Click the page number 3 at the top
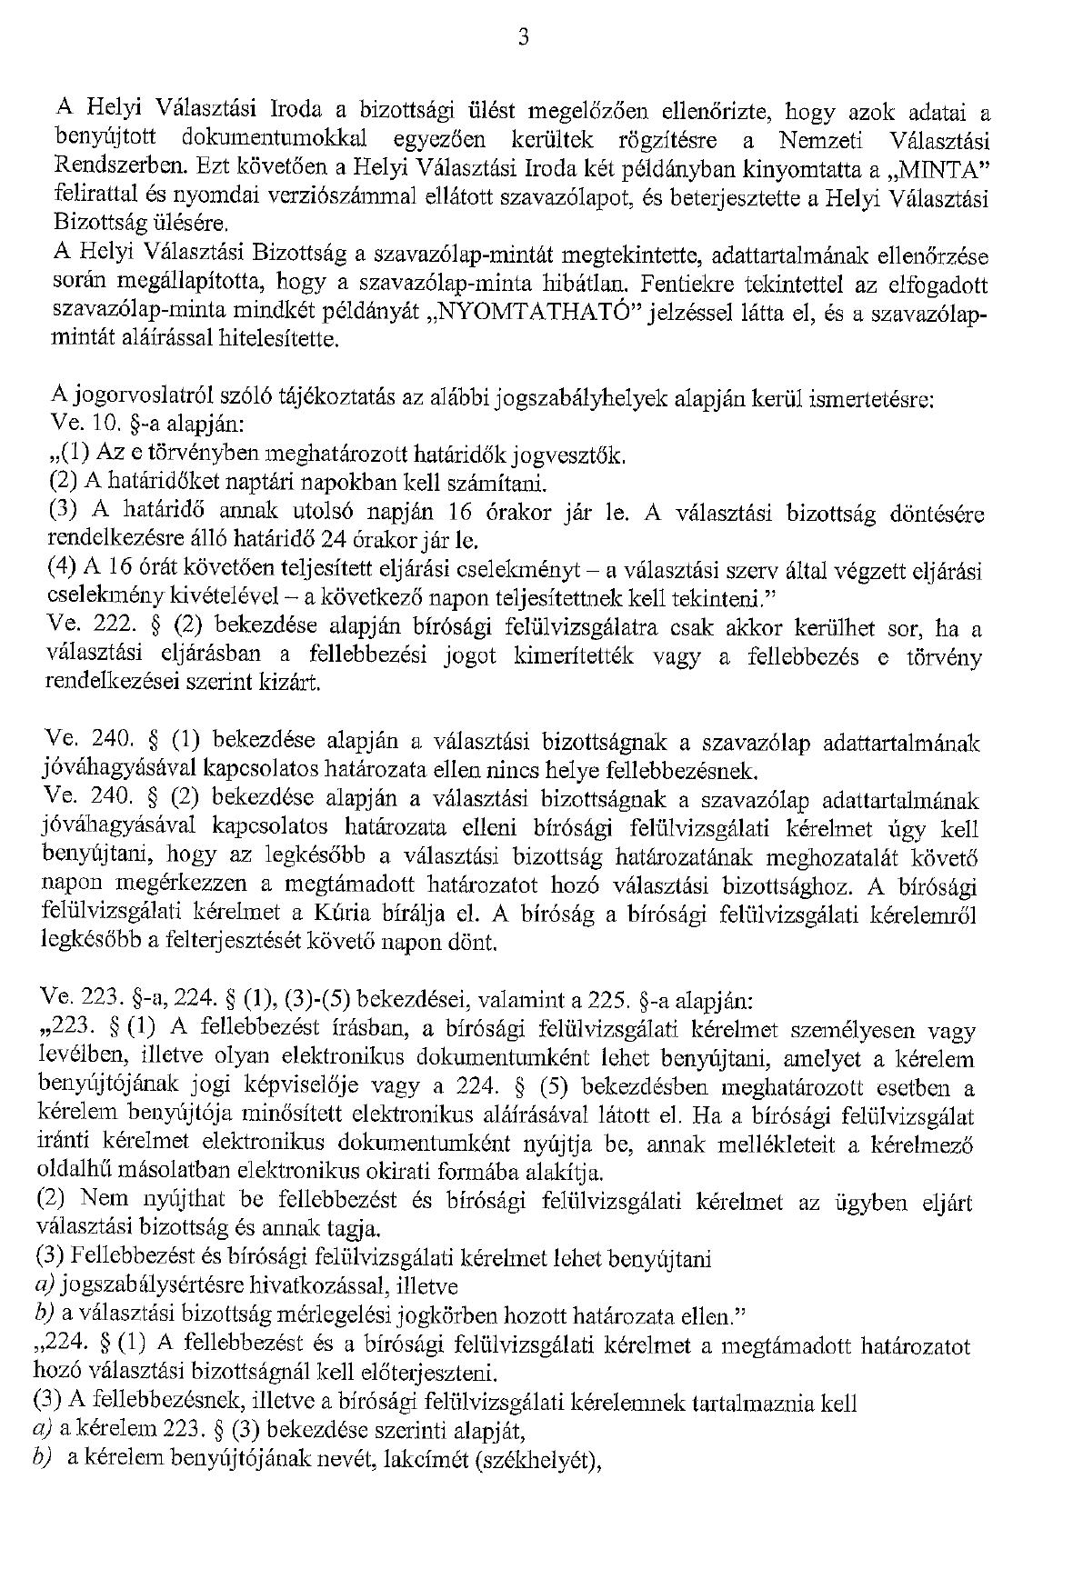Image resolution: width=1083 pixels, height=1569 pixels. [x=523, y=36]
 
